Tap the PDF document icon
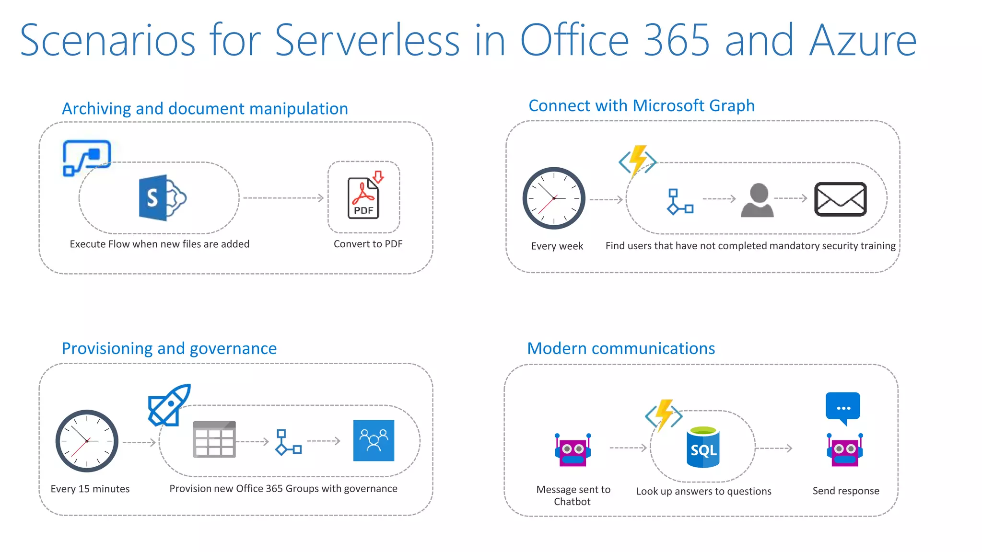(x=364, y=197)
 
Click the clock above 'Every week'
(x=554, y=198)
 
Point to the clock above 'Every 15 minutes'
(x=87, y=441)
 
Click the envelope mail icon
(x=840, y=199)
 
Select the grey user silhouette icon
(x=758, y=200)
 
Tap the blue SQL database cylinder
(x=703, y=448)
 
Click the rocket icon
(x=169, y=405)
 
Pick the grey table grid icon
(x=214, y=439)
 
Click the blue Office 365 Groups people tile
(x=374, y=440)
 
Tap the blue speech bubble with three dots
(x=842, y=408)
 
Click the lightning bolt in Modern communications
(x=664, y=414)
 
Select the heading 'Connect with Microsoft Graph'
(x=642, y=105)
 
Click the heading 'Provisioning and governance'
(x=169, y=348)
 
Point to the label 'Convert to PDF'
(x=368, y=244)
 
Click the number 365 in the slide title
(x=676, y=40)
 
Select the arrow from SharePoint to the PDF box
(x=283, y=198)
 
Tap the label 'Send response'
(x=846, y=491)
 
